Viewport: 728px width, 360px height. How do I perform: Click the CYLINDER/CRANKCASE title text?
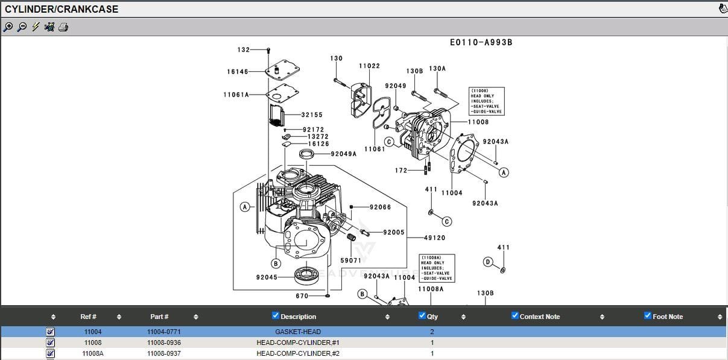click(x=62, y=9)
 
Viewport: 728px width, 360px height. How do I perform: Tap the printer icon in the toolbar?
click(x=63, y=27)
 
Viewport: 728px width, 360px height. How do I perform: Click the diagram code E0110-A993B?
click(x=481, y=43)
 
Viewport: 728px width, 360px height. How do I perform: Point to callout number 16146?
click(x=238, y=72)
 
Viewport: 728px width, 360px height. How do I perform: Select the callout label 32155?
click(x=312, y=115)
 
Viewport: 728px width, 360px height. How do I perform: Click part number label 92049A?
click(x=343, y=154)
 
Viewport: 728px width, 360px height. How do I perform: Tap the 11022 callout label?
click(x=369, y=66)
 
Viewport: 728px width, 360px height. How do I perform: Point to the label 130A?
click(x=437, y=69)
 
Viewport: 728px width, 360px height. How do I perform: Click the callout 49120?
click(x=434, y=238)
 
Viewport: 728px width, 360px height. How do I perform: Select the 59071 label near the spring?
click(x=350, y=261)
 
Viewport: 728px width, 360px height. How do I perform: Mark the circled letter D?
click(x=488, y=262)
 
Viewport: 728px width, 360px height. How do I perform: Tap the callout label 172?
click(x=401, y=171)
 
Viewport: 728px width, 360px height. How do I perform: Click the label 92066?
click(x=380, y=207)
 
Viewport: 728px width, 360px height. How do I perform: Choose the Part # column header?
click(x=159, y=317)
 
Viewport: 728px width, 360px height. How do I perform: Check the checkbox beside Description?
click(x=276, y=315)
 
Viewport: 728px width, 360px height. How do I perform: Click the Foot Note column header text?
click(x=667, y=317)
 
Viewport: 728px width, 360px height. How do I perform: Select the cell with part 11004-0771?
click(x=163, y=332)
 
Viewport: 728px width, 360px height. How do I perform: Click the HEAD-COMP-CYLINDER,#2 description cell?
click(x=298, y=353)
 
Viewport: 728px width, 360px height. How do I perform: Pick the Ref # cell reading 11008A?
click(x=93, y=353)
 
